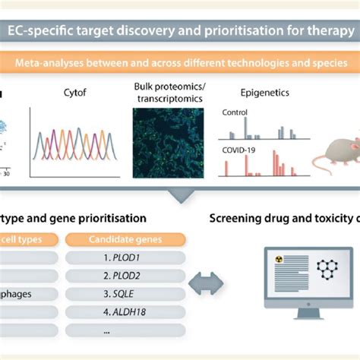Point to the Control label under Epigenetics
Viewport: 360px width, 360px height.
[x=235, y=112]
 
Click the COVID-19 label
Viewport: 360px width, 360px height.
[x=238, y=150]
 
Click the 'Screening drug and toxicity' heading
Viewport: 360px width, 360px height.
[x=285, y=219]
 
